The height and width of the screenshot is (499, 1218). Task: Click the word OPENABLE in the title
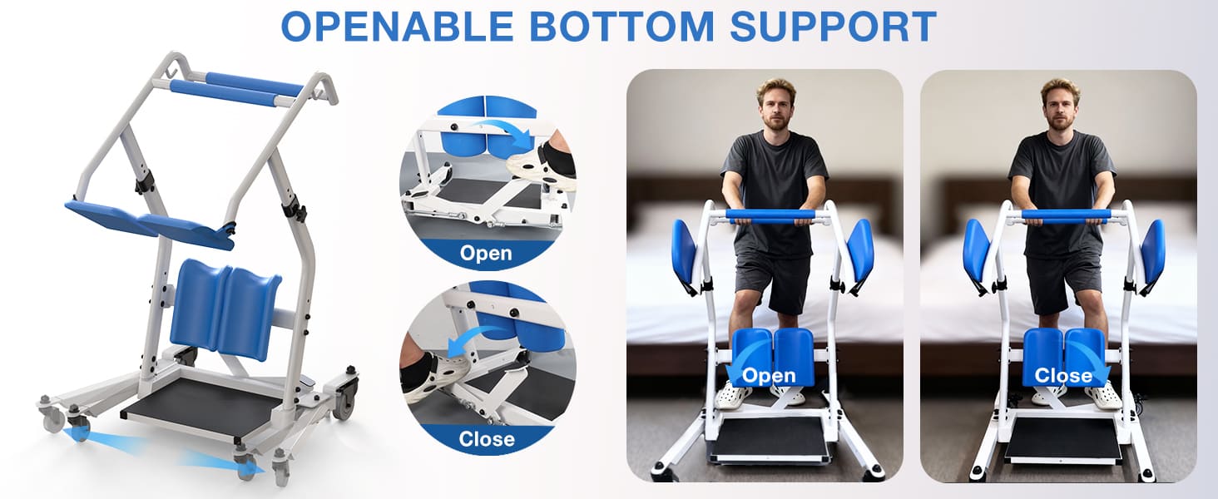pyautogui.click(x=397, y=26)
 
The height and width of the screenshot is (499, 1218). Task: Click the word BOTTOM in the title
pyautogui.click(x=624, y=26)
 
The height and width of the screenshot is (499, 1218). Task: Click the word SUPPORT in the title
pyautogui.click(x=833, y=26)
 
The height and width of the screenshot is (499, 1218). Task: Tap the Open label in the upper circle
pyautogui.click(x=487, y=253)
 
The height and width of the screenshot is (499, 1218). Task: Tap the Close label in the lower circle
pyautogui.click(x=487, y=437)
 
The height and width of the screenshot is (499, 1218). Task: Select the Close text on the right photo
pyautogui.click(x=1062, y=375)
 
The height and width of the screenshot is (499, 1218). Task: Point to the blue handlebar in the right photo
pyautogui.click(x=1065, y=215)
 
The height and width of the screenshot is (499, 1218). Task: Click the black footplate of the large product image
pyautogui.click(x=204, y=408)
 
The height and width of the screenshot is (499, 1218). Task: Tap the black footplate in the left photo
pyautogui.click(x=770, y=438)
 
